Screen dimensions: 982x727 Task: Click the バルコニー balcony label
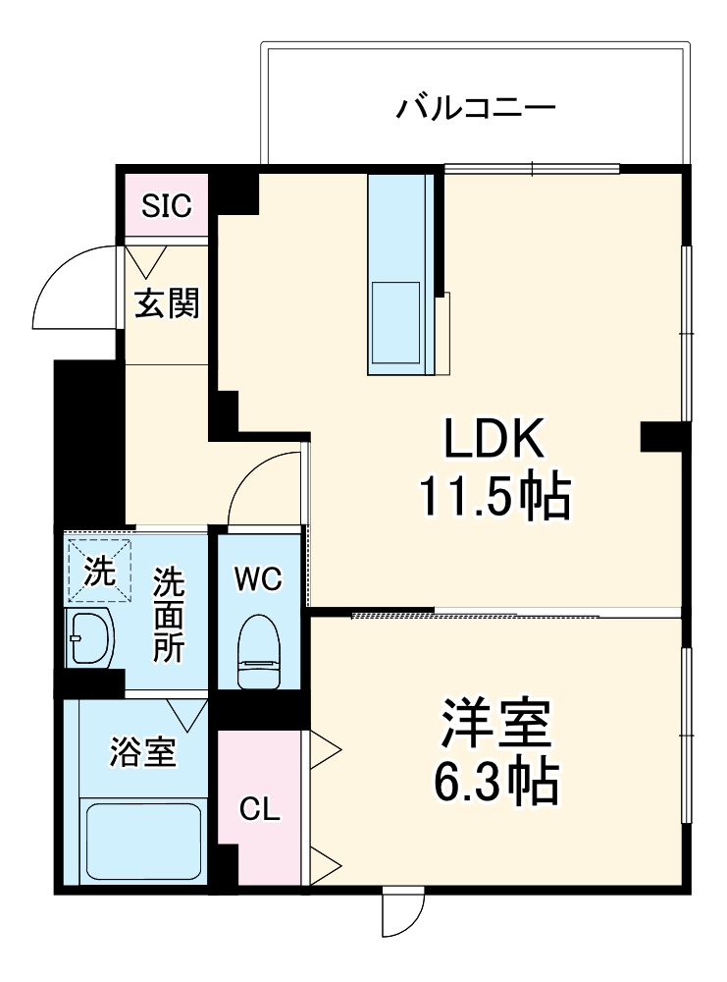(x=476, y=106)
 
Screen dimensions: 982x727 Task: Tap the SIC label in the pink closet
(x=167, y=206)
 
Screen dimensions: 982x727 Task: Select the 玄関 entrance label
(x=167, y=304)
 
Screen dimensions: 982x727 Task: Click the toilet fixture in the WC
(x=260, y=650)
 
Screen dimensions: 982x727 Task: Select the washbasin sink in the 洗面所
(x=88, y=638)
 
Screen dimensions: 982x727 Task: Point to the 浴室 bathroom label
(x=142, y=753)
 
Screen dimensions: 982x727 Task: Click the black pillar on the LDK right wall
(x=664, y=437)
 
